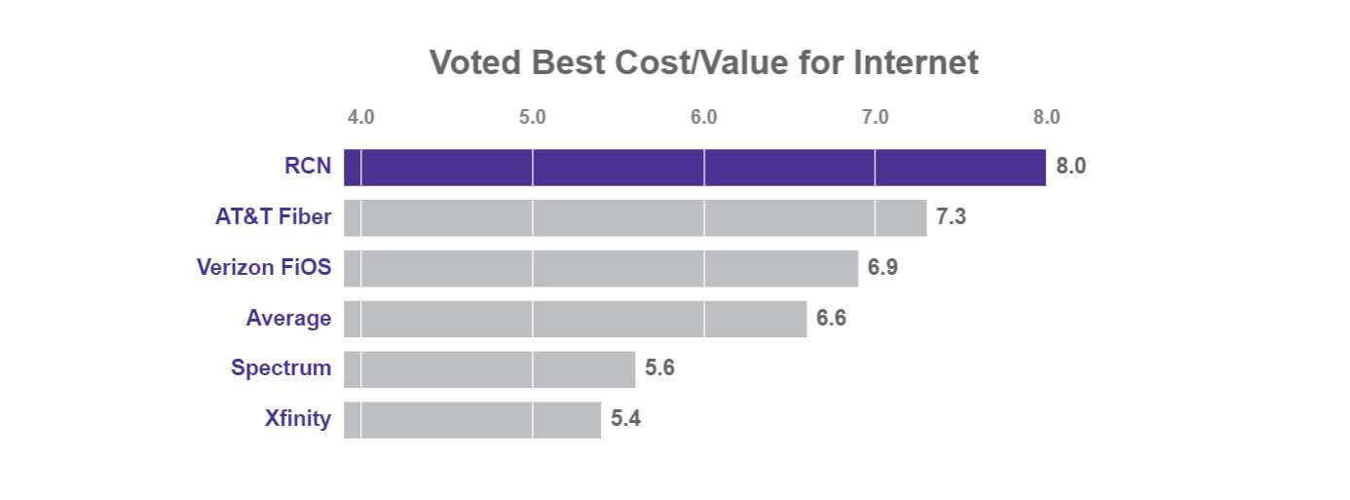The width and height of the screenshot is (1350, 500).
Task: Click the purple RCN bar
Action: coord(694,167)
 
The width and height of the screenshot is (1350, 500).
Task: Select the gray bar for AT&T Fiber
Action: coord(635,217)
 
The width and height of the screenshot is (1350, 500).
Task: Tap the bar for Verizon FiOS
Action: coord(601,268)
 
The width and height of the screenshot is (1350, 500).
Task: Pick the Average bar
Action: coord(575,319)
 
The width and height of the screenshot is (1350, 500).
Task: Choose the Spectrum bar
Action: coord(489,369)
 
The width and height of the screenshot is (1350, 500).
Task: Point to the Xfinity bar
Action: coord(472,420)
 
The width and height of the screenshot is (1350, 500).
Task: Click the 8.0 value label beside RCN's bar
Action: coord(1070,167)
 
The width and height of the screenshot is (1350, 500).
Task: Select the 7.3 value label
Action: coord(951,217)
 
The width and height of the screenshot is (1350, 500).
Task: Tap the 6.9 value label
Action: coord(882,268)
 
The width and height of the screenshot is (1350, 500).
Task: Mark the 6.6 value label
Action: coord(831,319)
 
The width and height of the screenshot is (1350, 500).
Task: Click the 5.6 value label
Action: coord(659,369)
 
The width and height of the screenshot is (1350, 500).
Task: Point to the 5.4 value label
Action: coord(625,420)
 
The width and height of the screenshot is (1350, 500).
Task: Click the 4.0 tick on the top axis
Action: coord(360,117)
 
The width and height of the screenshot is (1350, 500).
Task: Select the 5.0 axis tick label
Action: coord(532,117)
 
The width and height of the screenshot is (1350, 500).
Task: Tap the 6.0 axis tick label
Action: coord(703,117)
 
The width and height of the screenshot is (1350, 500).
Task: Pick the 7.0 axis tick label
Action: coord(875,117)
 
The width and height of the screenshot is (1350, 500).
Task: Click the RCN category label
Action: coord(307,167)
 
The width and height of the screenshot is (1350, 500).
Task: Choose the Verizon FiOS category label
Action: coord(263,268)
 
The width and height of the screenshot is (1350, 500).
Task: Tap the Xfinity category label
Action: coord(297,420)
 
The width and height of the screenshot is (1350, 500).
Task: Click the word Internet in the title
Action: coord(916,62)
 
